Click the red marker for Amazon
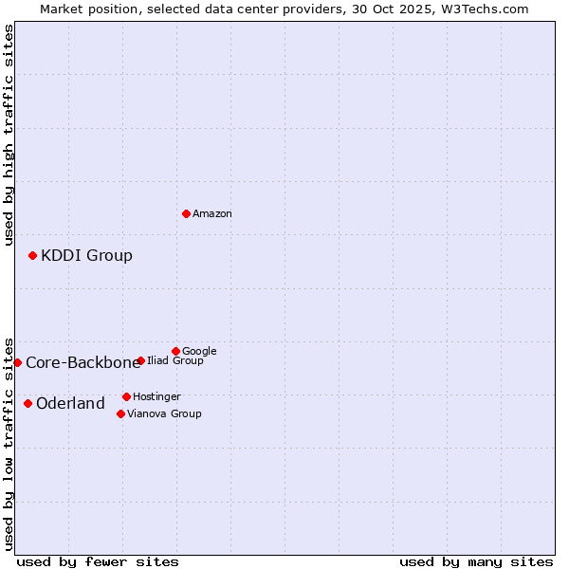click(x=186, y=213)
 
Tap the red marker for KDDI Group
click(x=32, y=255)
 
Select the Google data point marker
click(x=175, y=351)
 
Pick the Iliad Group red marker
click(x=140, y=360)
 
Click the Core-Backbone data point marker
click(x=17, y=362)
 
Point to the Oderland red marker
click(x=28, y=403)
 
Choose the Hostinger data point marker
click(x=126, y=396)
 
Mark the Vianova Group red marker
click(x=120, y=413)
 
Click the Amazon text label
click(x=212, y=214)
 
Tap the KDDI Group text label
click(x=86, y=255)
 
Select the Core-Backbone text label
click(x=83, y=362)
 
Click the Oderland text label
click(x=70, y=404)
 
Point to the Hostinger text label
click(x=156, y=396)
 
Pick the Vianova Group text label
click(x=164, y=413)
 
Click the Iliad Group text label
click(x=175, y=361)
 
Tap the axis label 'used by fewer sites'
click(x=98, y=561)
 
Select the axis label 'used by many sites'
click(x=476, y=561)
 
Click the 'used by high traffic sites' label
click(x=9, y=135)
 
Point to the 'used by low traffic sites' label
click(x=9, y=443)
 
